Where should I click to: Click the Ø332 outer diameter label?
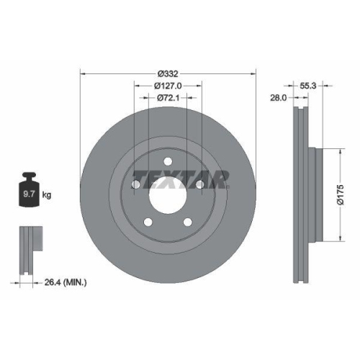167,72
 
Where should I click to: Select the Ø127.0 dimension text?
167,85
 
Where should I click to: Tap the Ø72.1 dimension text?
167,97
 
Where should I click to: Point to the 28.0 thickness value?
279,98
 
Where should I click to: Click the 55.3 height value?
308,84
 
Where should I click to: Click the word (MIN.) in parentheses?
73,282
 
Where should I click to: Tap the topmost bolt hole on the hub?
167,161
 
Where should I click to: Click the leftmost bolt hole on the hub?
136,185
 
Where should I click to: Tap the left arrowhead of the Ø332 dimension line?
82,72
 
